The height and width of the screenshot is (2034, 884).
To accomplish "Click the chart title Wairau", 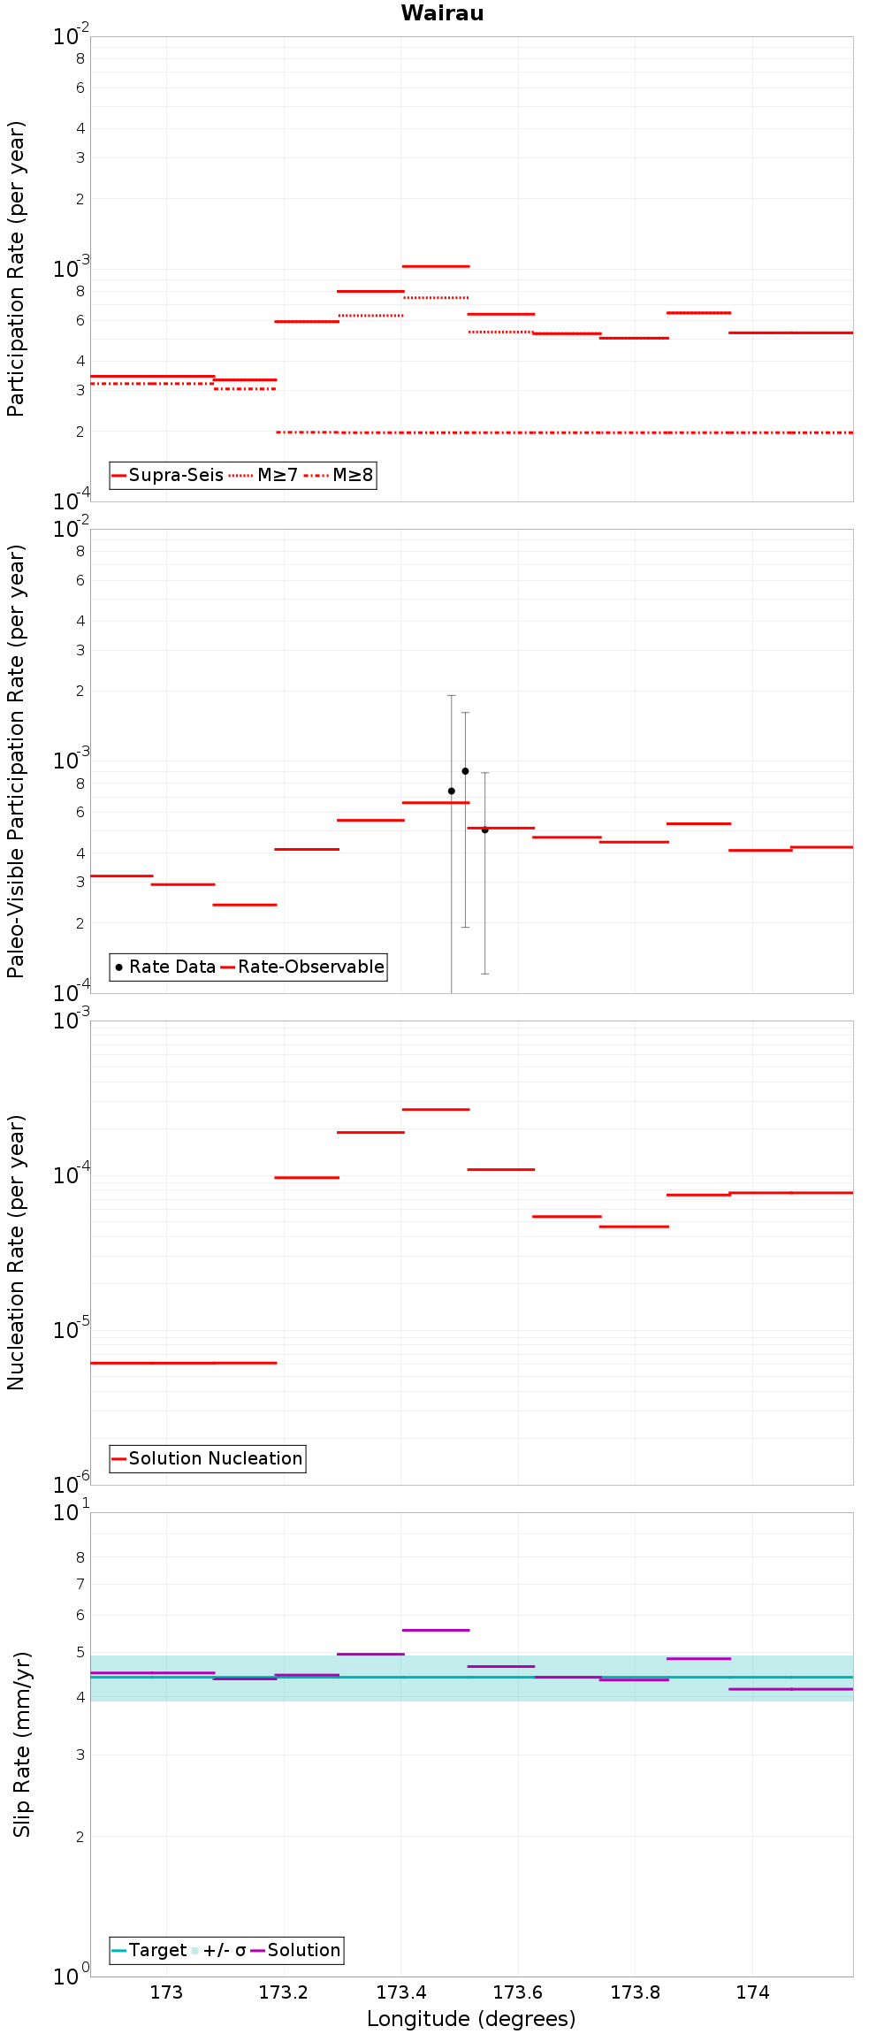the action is pyautogui.click(x=442, y=13).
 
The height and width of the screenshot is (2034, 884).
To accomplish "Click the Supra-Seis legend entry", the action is pyautogui.click(x=168, y=475).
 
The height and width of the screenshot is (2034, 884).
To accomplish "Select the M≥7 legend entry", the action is pyautogui.click(x=263, y=475).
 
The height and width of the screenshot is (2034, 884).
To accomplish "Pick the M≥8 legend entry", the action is pyautogui.click(x=339, y=475).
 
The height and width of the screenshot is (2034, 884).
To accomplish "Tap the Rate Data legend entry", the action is pyautogui.click(x=165, y=967).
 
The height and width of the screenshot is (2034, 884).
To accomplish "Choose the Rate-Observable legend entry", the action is pyautogui.click(x=302, y=967).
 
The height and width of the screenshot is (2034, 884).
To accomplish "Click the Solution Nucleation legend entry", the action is pyautogui.click(x=207, y=1458).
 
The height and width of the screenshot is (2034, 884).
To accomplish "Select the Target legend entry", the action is pyautogui.click(x=149, y=1950).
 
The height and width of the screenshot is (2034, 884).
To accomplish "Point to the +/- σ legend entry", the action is pyautogui.click(x=218, y=1950).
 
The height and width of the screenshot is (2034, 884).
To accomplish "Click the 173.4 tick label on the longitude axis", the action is pyautogui.click(x=400, y=1992).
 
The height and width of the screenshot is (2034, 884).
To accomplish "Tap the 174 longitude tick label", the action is pyautogui.click(x=752, y=1992).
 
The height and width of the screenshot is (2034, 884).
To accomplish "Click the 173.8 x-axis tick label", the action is pyautogui.click(x=635, y=1992).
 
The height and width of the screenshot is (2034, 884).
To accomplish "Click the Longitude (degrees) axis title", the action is pyautogui.click(x=471, y=2019).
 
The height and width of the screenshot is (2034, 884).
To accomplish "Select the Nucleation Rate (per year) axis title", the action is pyautogui.click(x=17, y=1252).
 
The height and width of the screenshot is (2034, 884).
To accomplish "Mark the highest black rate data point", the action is pyautogui.click(x=465, y=771).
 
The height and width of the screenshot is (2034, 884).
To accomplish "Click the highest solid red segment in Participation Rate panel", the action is pyautogui.click(x=436, y=266).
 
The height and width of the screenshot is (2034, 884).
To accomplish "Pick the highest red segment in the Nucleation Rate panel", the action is pyautogui.click(x=436, y=1109).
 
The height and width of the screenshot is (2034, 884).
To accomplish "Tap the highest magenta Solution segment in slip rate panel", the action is pyautogui.click(x=436, y=1630).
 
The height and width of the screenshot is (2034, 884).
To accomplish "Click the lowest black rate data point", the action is pyautogui.click(x=484, y=830).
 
